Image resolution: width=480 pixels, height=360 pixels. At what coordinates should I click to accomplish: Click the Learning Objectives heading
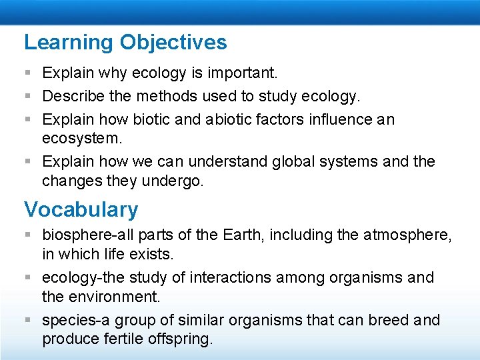point(125,43)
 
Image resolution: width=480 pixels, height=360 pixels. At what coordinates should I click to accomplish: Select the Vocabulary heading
point(81,209)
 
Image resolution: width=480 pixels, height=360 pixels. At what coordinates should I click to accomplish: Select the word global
point(273,161)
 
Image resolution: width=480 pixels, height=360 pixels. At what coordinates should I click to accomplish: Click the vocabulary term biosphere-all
point(81,235)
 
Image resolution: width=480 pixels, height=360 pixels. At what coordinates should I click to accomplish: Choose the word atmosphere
point(406,235)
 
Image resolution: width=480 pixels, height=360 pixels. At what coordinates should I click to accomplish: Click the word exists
point(156,253)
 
